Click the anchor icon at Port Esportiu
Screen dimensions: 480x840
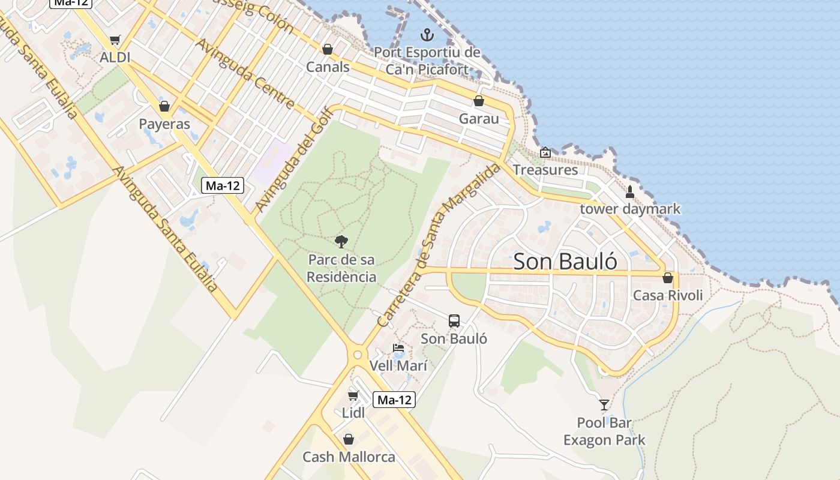coord(427,34)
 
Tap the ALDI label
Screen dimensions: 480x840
coord(115,58)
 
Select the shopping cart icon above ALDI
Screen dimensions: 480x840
coord(115,40)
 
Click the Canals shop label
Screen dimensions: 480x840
coord(328,67)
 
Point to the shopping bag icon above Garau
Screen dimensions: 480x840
coord(479,101)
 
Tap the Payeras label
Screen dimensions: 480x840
coord(164,124)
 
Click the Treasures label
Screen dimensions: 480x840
coord(545,170)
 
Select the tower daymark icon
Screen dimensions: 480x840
coord(630,192)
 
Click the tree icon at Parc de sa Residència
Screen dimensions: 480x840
coord(341,242)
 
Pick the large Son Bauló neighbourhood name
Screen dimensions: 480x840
coord(565,262)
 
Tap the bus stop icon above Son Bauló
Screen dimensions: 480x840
coord(454,321)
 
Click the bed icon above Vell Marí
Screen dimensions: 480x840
coord(398,348)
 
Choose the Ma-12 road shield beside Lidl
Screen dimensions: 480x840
coord(394,400)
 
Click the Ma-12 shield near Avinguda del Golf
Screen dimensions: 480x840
coord(223,185)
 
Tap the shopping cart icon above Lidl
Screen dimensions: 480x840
coord(353,395)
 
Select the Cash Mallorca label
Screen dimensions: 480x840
coord(349,457)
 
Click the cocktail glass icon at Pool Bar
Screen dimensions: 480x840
coord(604,405)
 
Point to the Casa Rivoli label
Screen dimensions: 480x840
coord(668,295)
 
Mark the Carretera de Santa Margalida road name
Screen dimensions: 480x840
coord(439,245)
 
